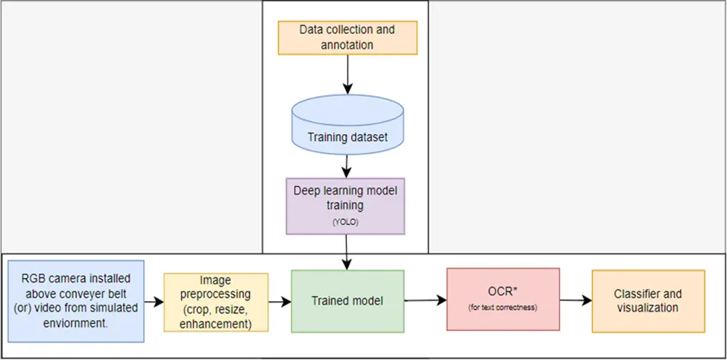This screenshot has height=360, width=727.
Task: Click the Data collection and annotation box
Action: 347,37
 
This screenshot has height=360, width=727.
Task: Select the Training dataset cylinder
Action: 347,124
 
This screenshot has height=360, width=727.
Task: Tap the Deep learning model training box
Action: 345,206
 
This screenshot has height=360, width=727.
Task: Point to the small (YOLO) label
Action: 345,222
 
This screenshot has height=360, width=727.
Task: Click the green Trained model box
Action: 347,301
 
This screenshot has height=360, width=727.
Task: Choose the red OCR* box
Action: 503,300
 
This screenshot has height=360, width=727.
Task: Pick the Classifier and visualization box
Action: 648,301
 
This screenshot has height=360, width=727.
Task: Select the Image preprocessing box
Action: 216,302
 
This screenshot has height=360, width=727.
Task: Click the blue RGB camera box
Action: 76,301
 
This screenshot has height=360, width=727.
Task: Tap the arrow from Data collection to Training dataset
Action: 347,74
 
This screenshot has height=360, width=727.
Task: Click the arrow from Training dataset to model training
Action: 347,166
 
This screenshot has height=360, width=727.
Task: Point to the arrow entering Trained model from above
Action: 347,252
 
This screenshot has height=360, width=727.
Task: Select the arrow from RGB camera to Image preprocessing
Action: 154,302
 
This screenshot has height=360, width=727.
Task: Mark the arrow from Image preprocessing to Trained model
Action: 280,302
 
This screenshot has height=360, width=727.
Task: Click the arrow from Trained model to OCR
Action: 425,300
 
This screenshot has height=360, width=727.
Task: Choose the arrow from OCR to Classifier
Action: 576,300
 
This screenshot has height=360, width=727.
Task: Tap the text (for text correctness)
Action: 503,307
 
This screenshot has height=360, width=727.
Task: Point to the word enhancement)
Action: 215,324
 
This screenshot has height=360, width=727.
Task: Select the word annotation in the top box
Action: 347,45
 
